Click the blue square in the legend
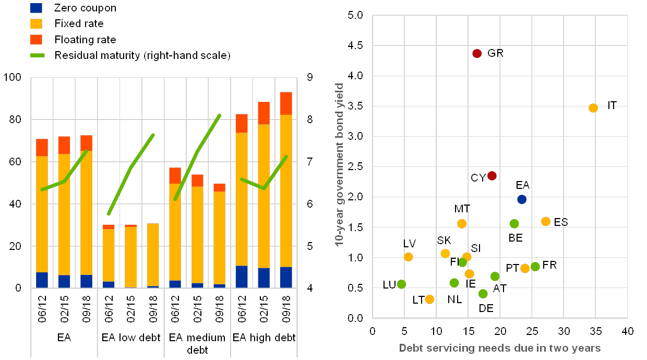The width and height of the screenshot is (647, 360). pos(37,8)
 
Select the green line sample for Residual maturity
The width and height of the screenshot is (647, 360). pos(37,55)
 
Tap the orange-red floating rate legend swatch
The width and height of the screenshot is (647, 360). pos(37,40)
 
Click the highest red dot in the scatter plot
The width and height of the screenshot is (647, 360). pos(476,53)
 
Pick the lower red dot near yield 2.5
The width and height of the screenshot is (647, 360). pos(492,176)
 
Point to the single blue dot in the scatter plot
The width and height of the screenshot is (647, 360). pos(522,199)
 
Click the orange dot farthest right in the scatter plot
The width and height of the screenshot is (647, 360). pos(593,108)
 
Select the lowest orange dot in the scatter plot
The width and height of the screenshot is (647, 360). pos(429,299)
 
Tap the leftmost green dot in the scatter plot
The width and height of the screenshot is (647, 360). pos(401,284)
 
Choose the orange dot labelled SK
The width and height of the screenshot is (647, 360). pos(445,254)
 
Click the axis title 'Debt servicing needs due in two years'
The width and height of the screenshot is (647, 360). pos(499,348)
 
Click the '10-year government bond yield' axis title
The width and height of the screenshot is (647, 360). pos(340,164)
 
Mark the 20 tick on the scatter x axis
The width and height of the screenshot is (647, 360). pos(500,330)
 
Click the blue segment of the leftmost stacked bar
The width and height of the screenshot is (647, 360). pos(42,280)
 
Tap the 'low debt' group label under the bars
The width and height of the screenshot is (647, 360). pos(131,338)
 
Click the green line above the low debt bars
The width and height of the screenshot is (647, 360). pos(131,167)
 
